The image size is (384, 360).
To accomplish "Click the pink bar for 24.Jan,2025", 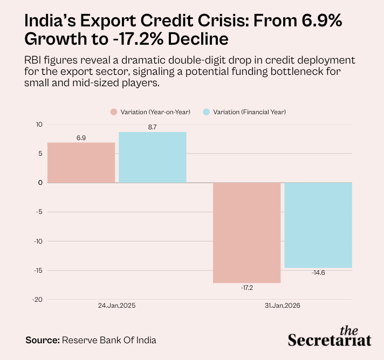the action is point(81,163).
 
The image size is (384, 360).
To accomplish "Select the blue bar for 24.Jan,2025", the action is point(153,157).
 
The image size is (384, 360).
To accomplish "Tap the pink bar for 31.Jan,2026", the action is point(247,233).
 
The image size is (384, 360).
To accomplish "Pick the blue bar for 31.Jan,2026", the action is point(318,225).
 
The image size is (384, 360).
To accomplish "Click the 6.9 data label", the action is point(81,138).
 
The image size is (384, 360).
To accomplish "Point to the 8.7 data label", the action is point(152,127).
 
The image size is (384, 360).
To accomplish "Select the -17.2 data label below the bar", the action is point(247,288).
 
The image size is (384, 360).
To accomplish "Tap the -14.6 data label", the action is point(318,273).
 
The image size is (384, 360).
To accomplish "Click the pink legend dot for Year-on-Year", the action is point(114,112).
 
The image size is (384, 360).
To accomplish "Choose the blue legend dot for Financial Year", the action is point(207,112).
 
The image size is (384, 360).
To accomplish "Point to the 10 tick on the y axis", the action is point(39,124).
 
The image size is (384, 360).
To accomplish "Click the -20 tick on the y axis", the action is point(37,300).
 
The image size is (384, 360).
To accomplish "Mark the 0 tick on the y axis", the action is point(40,183).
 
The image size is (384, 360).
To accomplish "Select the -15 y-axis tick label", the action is point(38,271).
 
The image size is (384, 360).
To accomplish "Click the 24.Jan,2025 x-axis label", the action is point(117,306).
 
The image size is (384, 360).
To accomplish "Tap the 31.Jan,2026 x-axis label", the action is point(283,306).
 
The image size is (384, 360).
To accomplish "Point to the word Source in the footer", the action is point(43,340).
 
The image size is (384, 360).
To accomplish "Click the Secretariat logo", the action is point(330,336).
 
